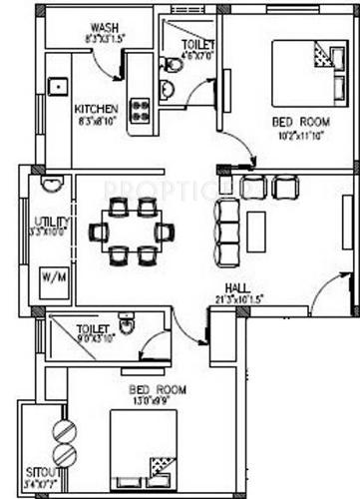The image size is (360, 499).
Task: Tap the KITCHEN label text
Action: pos(96,108)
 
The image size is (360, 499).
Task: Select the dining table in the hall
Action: pos(131,232)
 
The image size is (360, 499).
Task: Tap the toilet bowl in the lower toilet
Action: pos(127,325)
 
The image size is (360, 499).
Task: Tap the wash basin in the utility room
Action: pos(53,184)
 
